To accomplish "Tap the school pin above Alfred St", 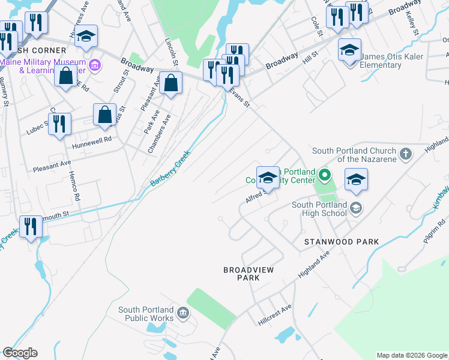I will tap(268, 178).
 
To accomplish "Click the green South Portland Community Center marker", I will tap(325, 176).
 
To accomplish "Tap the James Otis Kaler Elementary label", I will tap(391, 61).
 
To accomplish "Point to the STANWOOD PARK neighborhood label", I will tap(341, 242).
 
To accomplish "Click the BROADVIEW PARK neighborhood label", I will tap(248, 274).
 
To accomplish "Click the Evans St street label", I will tap(240, 97).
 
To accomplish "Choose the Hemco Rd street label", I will tap(76, 187).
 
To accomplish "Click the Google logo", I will tap(20, 353).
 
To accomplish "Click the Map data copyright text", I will tap(412, 355).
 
